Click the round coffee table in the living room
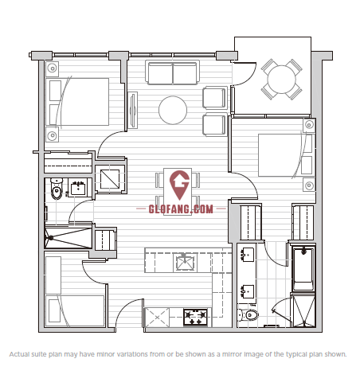[x=173, y=110]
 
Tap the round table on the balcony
[x=281, y=79]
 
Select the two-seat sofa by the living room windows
[x=173, y=72]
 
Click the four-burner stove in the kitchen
[x=195, y=317]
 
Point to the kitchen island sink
[x=185, y=262]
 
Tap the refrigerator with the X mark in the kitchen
[x=157, y=318]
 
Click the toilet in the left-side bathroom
[x=57, y=189]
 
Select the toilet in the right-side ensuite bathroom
[x=248, y=315]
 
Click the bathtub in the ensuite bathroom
[x=303, y=268]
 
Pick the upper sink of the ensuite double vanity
[x=248, y=255]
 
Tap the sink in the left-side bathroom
[x=78, y=188]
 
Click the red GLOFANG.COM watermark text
[x=181, y=209]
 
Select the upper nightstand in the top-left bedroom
[x=53, y=68]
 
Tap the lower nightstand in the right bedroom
[x=309, y=185]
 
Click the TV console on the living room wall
[x=133, y=110]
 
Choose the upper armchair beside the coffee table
[x=215, y=98]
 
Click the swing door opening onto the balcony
[x=243, y=74]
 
